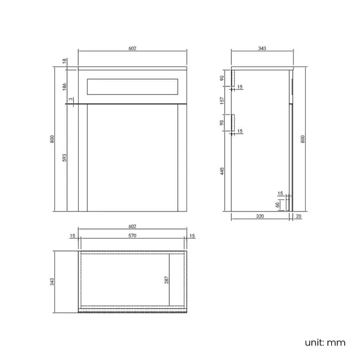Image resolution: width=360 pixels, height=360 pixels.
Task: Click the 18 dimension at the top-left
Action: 65,61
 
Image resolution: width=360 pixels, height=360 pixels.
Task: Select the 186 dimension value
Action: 65,86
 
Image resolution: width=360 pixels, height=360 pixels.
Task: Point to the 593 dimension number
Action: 65,158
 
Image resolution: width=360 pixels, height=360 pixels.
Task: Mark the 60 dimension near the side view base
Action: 277,204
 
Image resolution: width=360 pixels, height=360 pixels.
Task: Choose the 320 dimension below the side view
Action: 260,218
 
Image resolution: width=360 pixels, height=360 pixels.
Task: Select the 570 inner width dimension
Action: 132,236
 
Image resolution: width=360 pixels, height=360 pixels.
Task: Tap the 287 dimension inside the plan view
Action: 166,280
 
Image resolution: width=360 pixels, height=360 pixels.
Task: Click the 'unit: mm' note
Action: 325,342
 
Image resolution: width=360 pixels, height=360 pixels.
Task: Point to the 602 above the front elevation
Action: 132,49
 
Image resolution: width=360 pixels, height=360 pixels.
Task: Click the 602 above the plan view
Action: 132,227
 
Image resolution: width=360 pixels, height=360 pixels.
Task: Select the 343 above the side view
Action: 262,49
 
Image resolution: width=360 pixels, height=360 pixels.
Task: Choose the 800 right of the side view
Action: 303,139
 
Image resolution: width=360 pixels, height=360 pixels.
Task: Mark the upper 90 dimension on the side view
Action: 222,78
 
